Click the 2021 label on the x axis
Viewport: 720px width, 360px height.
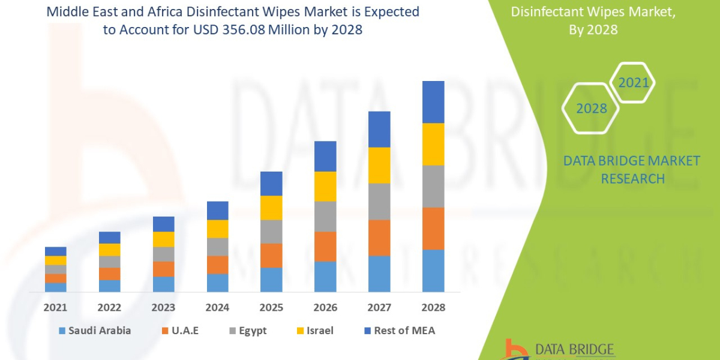point(55,307)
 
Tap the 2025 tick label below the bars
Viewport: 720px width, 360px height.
point(271,307)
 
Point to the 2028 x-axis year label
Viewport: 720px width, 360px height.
point(433,307)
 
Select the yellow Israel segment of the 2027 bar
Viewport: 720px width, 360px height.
point(379,165)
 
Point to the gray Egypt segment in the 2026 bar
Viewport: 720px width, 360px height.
point(325,216)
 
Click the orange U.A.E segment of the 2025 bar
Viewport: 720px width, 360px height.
point(271,255)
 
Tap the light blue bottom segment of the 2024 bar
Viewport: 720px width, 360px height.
point(217,283)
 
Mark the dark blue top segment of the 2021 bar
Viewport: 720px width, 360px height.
point(55,251)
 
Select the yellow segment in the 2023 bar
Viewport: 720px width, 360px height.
point(163,239)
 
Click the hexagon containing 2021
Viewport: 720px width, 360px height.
point(634,83)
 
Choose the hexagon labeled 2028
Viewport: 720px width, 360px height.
point(591,109)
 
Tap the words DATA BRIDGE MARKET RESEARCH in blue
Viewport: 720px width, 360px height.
point(632,170)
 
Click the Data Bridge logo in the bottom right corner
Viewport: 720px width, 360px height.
point(558,349)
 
